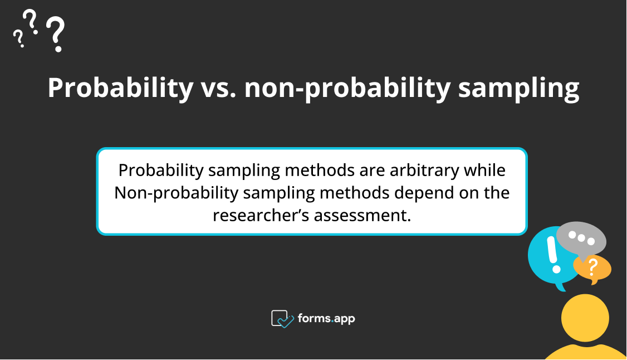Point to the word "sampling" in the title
pyautogui.click(x=519, y=89)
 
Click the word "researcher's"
pyautogui.click(x=261, y=215)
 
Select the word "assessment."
pyautogui.click(x=363, y=215)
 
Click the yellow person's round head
pyautogui.click(x=585, y=318)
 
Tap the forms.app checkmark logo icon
pyautogui.click(x=282, y=319)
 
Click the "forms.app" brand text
pyautogui.click(x=326, y=319)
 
